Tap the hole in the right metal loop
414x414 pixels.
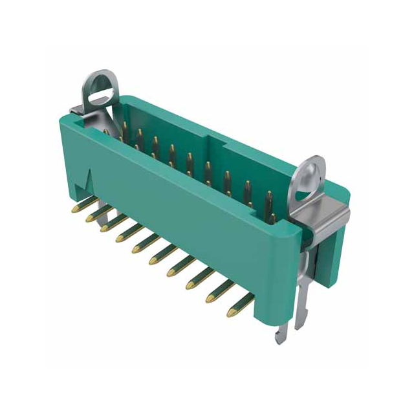(310, 171)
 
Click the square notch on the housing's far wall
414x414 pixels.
(213, 144)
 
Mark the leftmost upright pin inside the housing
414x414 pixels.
(123, 125)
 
